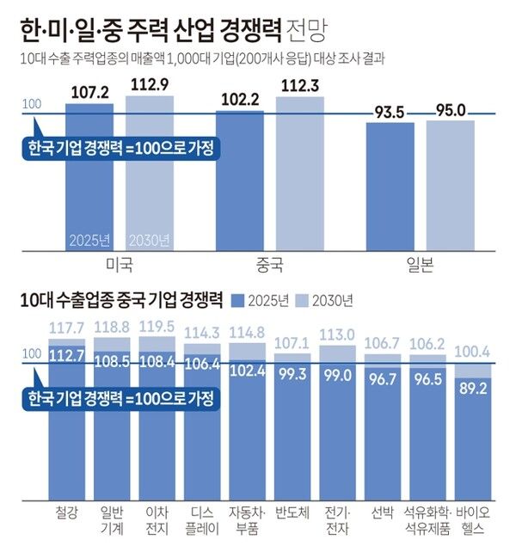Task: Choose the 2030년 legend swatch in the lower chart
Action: point(298,300)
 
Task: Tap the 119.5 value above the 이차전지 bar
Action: point(158,327)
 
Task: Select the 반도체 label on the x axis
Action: point(292,513)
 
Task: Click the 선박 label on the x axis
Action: point(382,513)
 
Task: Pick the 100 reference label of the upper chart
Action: point(31,105)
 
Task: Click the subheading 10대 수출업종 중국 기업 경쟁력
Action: point(120,300)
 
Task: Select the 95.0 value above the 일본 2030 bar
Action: point(450,110)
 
